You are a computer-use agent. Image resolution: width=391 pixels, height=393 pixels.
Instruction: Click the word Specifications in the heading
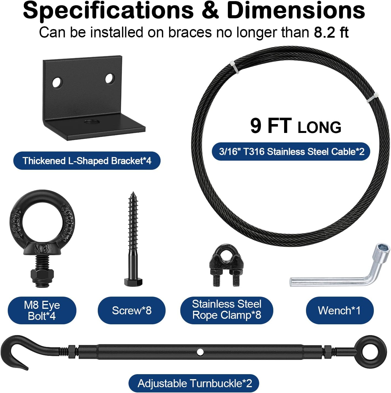pyautogui.click(x=108, y=11)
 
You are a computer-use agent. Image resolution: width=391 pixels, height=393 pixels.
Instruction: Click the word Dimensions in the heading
pyautogui.click(x=296, y=11)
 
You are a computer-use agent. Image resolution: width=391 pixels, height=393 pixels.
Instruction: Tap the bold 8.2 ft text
pyautogui.click(x=331, y=32)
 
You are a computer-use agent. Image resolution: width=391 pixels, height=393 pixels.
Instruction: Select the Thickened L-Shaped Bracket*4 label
pyautogui.click(x=87, y=161)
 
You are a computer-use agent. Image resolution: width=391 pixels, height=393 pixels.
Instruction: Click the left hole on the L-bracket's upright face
pyautogui.click(x=57, y=82)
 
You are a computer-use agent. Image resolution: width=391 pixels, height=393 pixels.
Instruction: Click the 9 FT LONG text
pyautogui.click(x=295, y=126)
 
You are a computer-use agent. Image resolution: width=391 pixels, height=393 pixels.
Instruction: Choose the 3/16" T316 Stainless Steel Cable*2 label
pyautogui.click(x=291, y=151)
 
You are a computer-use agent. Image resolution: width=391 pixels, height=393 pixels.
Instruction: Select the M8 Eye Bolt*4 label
pyautogui.click(x=42, y=310)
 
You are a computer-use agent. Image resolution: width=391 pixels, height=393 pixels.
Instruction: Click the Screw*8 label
pyautogui.click(x=132, y=310)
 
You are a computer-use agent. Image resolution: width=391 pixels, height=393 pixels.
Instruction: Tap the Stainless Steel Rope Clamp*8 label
pyautogui.click(x=227, y=310)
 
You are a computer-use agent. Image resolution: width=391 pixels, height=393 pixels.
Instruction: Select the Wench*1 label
pyautogui.click(x=339, y=310)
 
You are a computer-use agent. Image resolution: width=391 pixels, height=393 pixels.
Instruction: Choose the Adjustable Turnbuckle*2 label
pyautogui.click(x=195, y=384)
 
